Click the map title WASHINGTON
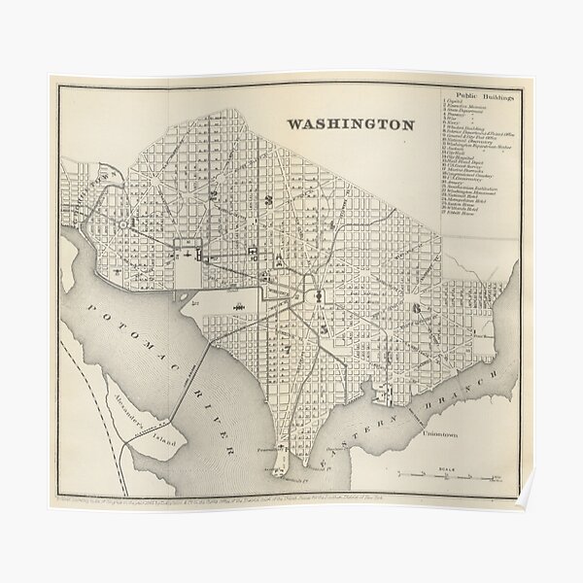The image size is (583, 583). click(349, 124)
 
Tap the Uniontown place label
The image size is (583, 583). click(442, 436)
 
